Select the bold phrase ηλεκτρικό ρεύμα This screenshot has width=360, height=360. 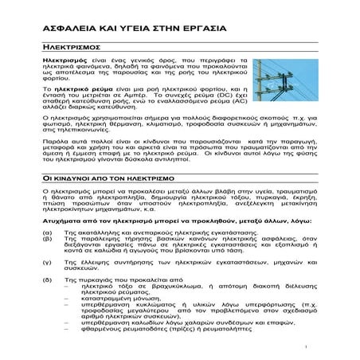click(x=82, y=87)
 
